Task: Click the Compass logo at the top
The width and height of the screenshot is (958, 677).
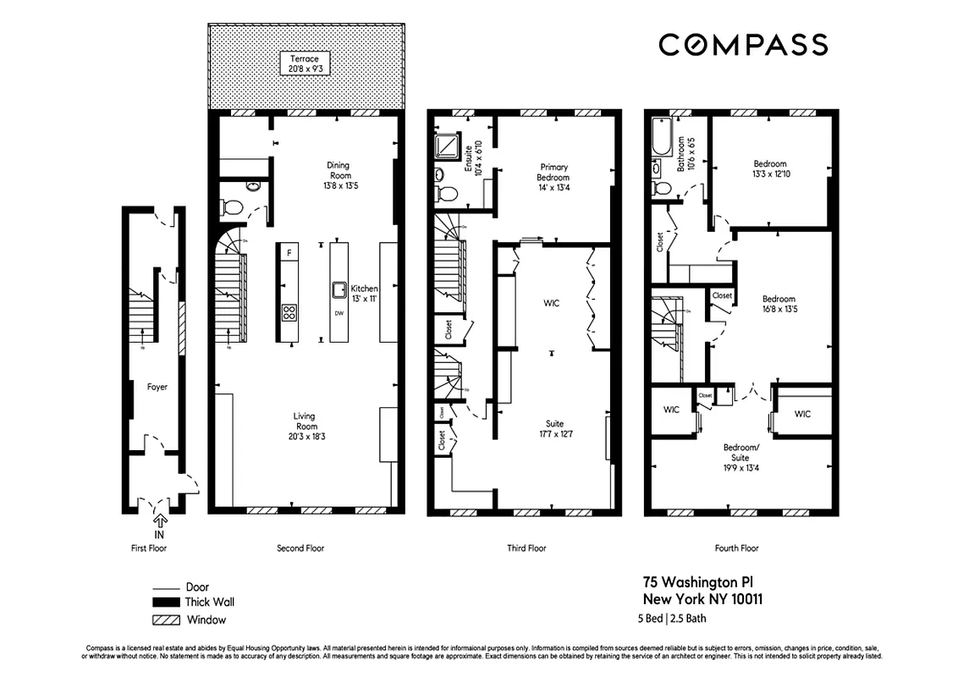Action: point(742,44)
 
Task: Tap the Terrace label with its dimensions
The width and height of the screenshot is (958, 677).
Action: point(305,63)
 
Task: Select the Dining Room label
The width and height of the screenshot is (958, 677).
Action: point(338,175)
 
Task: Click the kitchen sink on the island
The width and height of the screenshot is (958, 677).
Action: point(339,287)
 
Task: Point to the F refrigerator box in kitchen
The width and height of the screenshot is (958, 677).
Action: point(289,252)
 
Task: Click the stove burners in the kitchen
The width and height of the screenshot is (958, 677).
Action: point(289,311)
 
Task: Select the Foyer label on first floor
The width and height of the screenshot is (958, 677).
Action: point(157,387)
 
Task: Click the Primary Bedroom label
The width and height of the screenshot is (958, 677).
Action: point(553,177)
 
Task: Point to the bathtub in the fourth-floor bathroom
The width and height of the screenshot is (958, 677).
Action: point(661,139)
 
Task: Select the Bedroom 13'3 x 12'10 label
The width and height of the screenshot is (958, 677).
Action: point(769,168)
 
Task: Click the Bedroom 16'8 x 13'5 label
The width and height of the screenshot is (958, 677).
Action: point(779,304)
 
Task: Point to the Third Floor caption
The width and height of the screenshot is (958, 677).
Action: point(526,548)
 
